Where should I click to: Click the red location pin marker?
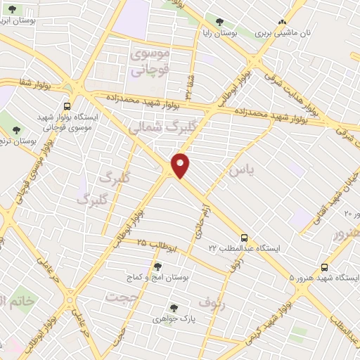click(x=181, y=165)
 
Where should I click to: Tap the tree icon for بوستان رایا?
click(x=220, y=22)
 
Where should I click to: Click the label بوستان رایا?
click(x=236, y=33)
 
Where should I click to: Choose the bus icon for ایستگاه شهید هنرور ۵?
click(x=323, y=267)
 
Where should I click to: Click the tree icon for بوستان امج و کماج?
click(x=157, y=266)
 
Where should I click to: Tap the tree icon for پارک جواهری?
click(x=173, y=307)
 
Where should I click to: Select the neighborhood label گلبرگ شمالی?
click(x=156, y=127)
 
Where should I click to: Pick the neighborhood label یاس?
click(x=240, y=170)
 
